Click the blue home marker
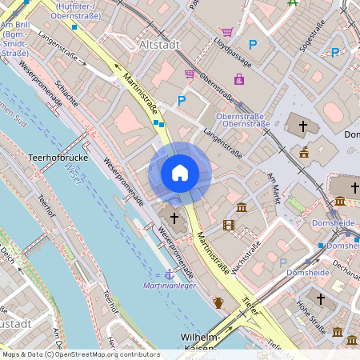click(180, 172)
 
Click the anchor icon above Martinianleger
click(169, 274)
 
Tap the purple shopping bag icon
click(238, 78)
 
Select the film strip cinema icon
click(230, 224)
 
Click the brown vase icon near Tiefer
click(218, 302)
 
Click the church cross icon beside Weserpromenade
click(174, 218)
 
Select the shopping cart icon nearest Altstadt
click(190, 74)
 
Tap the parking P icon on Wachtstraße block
click(282, 262)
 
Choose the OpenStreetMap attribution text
click(80, 354)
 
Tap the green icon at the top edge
click(293, 3)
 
